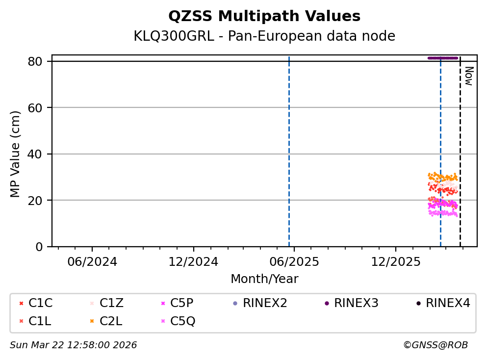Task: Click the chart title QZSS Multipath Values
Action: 264,16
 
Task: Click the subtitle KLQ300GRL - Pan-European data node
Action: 264,36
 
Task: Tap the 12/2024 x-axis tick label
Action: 193,261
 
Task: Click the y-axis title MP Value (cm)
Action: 16,154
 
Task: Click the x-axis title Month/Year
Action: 264,279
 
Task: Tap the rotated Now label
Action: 468,76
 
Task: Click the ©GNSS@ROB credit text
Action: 435,345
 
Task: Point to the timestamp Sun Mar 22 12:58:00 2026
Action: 74,345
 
